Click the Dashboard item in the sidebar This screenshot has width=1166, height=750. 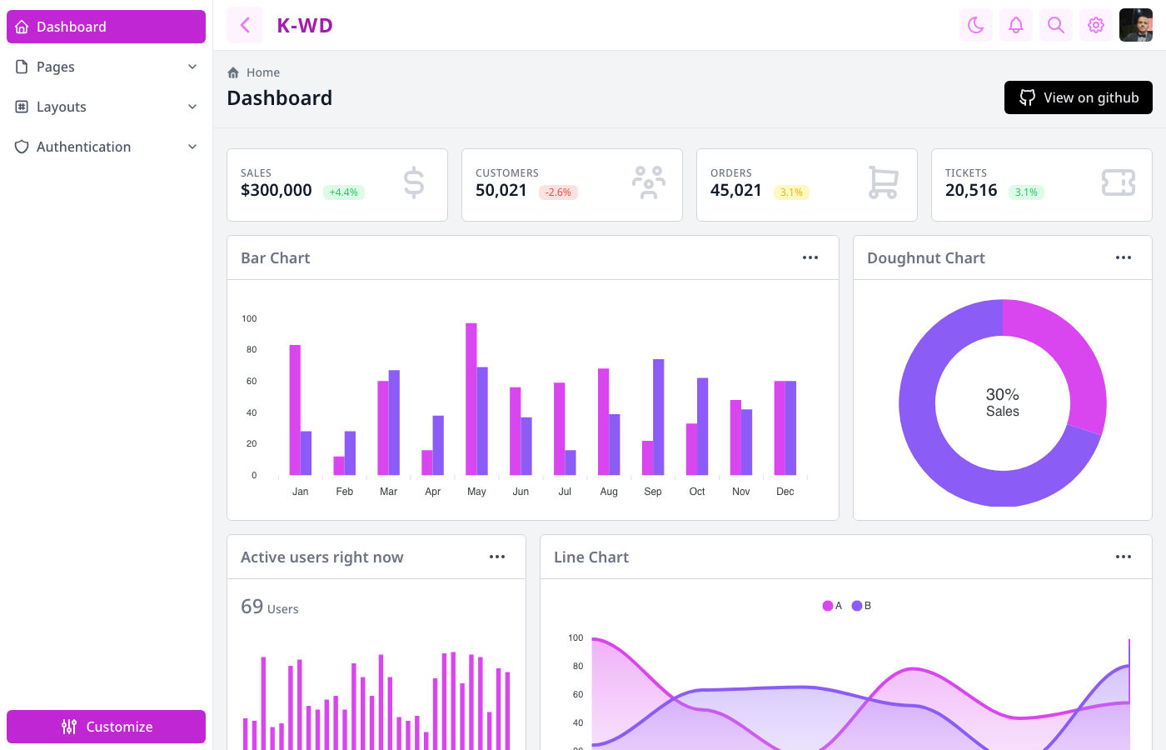point(106,27)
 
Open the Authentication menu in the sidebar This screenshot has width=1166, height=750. point(106,147)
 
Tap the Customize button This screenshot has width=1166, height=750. point(106,727)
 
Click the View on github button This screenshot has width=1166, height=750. point(1078,97)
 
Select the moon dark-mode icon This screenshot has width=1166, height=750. point(976,25)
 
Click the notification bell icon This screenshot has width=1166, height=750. point(1016,25)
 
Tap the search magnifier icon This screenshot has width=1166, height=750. point(1056,25)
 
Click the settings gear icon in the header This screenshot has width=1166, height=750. point(1096,25)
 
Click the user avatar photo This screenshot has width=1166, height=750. point(1136,25)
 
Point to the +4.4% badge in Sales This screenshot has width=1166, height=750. point(343,192)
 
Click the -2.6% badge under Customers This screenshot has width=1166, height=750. point(558,192)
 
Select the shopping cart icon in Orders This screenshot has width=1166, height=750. point(883,182)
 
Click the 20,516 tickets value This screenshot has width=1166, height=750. point(971,191)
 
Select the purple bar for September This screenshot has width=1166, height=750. point(659,417)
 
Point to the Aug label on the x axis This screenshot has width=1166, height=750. point(609,492)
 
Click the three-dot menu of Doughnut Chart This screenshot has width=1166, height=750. point(1124,257)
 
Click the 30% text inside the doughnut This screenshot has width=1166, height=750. point(1002,394)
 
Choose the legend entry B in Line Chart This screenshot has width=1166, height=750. point(862,606)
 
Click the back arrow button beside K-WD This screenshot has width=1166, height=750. point(245,25)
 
